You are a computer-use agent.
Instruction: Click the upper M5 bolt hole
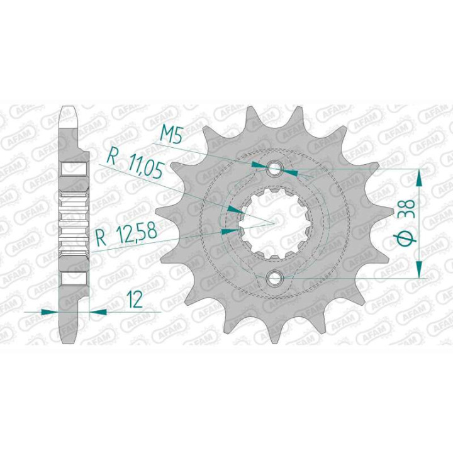[x=276, y=169]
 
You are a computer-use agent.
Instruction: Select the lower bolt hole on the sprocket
[x=276, y=277]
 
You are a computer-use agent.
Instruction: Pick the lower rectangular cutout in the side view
[x=74, y=277]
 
